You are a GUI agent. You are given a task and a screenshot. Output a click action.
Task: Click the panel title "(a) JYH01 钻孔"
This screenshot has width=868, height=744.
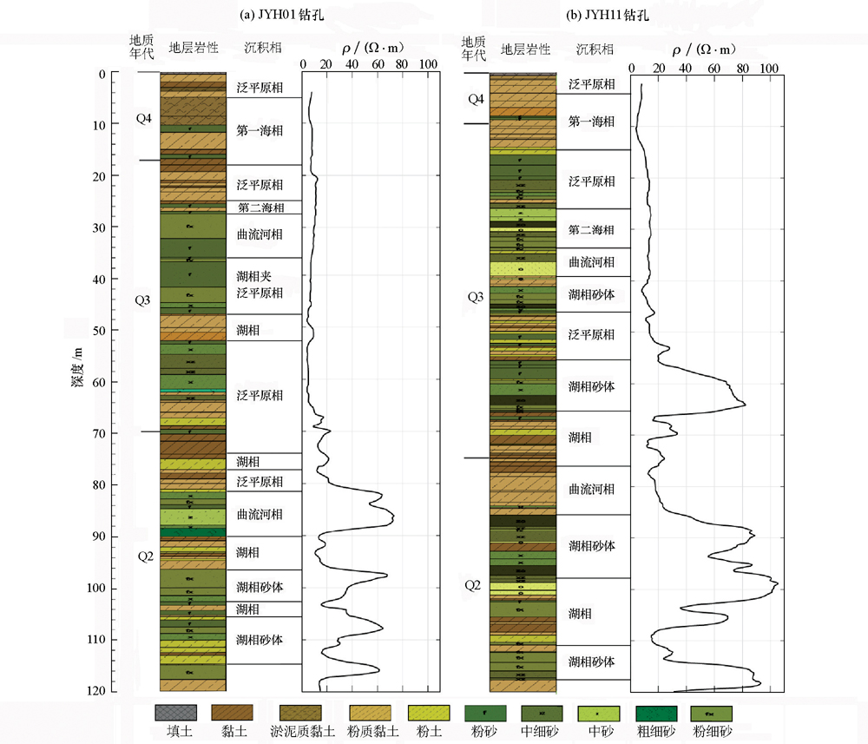[x=260, y=15]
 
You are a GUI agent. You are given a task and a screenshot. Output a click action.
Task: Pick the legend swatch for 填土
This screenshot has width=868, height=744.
[x=172, y=712]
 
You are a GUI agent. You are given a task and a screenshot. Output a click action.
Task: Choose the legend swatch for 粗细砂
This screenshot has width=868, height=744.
[x=656, y=712]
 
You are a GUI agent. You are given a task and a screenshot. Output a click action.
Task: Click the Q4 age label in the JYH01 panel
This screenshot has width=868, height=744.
[x=144, y=118]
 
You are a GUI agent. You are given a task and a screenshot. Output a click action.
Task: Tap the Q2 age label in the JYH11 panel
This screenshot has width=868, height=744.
[x=472, y=585]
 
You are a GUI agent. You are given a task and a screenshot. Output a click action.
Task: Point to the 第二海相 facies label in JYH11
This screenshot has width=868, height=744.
[x=591, y=230]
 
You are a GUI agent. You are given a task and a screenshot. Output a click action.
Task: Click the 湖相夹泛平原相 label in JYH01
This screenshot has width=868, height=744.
[x=259, y=285]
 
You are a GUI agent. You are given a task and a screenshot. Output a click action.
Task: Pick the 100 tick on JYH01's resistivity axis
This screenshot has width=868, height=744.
[x=427, y=65]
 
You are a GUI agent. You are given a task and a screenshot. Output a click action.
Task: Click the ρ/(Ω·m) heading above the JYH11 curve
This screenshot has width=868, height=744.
[x=704, y=49]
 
